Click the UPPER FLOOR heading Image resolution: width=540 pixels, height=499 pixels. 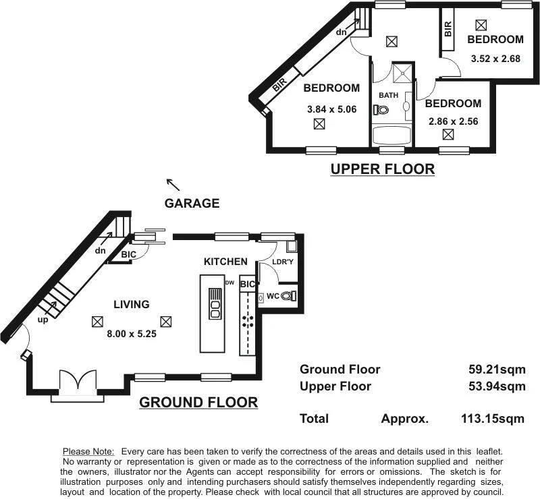click(x=382, y=169)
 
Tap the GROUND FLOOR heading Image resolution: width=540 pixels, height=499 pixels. click(x=198, y=403)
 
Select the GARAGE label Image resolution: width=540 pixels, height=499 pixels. click(x=192, y=203)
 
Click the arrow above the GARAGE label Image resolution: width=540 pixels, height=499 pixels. click(x=173, y=184)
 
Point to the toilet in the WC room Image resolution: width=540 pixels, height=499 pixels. click(x=288, y=295)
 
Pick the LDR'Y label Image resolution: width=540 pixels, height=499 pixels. click(x=281, y=262)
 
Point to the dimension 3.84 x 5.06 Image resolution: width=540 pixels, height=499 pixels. click(x=331, y=109)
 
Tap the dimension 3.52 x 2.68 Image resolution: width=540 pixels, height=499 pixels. click(x=495, y=58)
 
